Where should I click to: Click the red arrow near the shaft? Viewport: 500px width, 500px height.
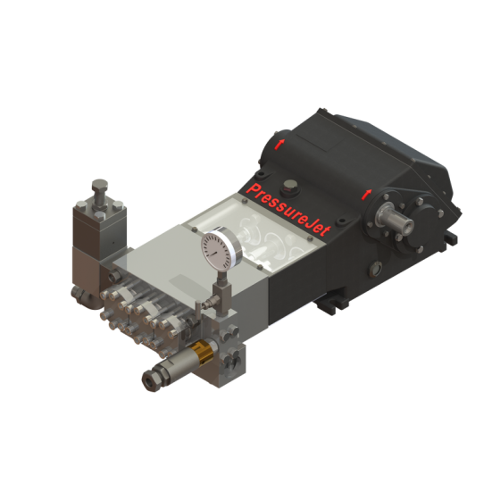coord(364,193)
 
